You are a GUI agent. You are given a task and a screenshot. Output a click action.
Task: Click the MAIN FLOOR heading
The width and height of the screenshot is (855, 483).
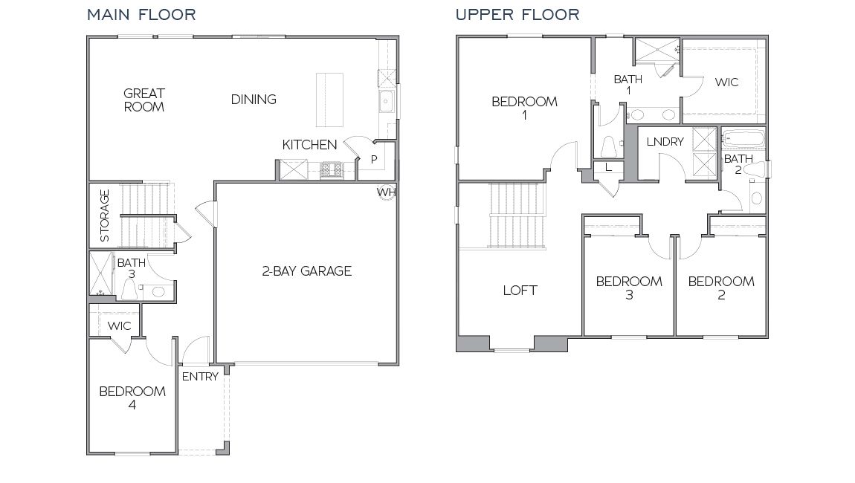[141, 15]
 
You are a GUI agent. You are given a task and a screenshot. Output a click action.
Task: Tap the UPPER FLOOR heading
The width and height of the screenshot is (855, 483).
[517, 15]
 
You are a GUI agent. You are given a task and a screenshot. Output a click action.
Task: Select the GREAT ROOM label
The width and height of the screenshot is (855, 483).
[144, 100]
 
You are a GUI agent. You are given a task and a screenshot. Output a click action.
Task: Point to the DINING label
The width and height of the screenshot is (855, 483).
[254, 99]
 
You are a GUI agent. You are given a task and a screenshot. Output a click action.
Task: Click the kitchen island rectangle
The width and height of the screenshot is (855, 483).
[330, 100]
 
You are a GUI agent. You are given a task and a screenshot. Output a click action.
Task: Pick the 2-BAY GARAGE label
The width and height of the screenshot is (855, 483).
[306, 271]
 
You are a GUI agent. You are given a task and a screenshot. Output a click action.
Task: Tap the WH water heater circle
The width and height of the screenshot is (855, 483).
[386, 191]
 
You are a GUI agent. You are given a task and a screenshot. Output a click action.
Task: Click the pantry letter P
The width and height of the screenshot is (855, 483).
[374, 159]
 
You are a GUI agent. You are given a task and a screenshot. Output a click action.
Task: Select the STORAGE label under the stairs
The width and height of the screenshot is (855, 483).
[105, 215]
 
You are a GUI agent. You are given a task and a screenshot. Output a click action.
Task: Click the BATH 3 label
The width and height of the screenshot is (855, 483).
[132, 268]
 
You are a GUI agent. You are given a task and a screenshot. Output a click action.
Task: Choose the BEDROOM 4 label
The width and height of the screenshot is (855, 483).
[132, 398]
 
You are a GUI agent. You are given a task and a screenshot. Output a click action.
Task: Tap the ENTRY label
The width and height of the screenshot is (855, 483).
[200, 376]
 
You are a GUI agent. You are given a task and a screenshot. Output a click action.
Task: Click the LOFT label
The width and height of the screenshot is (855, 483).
[520, 291]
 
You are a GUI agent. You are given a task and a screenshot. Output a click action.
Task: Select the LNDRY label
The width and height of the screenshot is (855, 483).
[665, 142]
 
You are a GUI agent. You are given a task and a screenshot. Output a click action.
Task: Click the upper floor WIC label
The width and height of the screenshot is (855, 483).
[726, 82]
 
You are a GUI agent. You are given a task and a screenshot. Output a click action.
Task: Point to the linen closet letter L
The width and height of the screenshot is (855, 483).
[608, 167]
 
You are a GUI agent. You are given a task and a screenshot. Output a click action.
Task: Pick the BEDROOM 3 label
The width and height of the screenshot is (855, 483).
[629, 288]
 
